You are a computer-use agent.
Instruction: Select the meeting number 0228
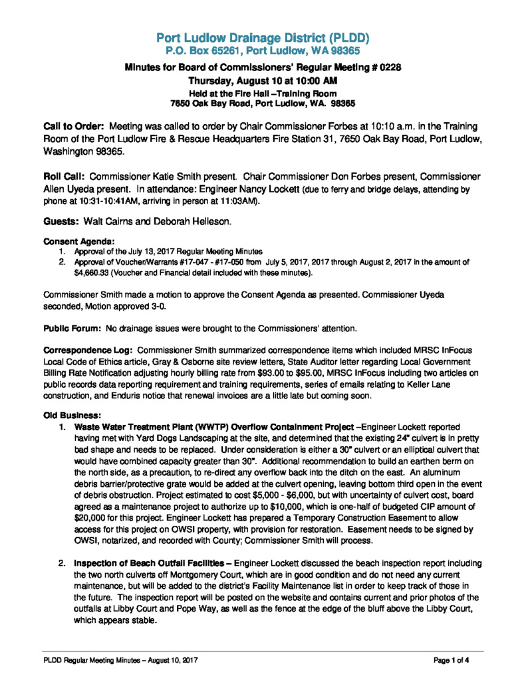tap(386, 67)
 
